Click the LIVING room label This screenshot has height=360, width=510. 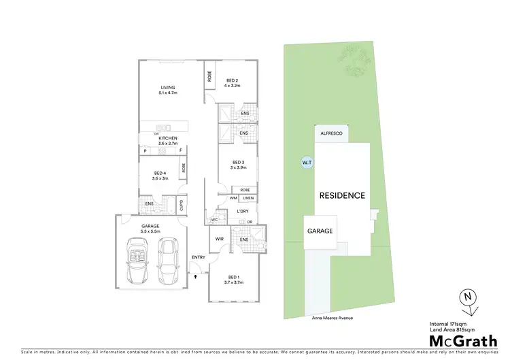(168, 88)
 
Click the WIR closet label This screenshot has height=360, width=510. (219, 240)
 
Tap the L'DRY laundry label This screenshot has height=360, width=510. (243, 211)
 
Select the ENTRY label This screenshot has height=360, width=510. (199, 257)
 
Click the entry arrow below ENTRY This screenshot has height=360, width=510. (197, 277)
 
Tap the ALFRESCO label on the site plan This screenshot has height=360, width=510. (333, 135)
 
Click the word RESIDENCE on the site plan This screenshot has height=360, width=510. (342, 195)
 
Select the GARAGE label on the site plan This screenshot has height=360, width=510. (320, 231)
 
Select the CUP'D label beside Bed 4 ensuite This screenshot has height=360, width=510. (181, 204)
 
